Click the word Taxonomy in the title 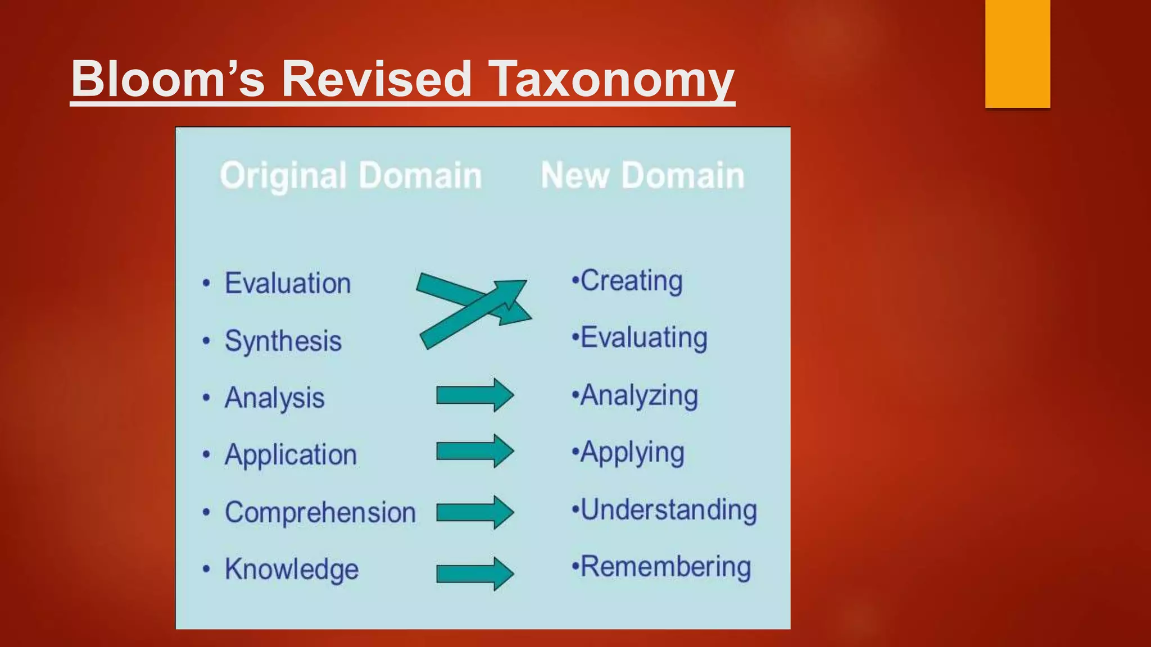(x=611, y=79)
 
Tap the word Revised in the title (x=376, y=79)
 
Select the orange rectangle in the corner (x=1017, y=53)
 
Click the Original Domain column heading (x=351, y=176)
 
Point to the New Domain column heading (x=642, y=176)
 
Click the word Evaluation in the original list (x=288, y=283)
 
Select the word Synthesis (x=283, y=341)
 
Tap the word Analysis (x=275, y=398)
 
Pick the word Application (x=291, y=455)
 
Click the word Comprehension (x=320, y=512)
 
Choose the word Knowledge (x=292, y=569)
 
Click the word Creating (x=631, y=281)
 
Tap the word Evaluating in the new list (x=644, y=338)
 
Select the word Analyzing (x=639, y=395)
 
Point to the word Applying (x=632, y=453)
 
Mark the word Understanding (x=668, y=510)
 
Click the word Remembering (x=665, y=567)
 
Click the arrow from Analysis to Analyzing (x=475, y=395)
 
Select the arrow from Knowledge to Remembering (x=475, y=573)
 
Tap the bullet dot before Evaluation (x=206, y=283)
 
